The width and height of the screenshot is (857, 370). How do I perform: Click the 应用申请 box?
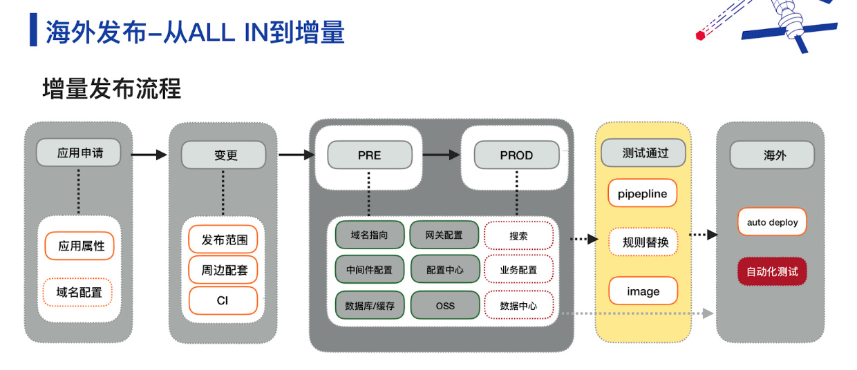click(79, 153)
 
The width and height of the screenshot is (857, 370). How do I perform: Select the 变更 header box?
click(224, 155)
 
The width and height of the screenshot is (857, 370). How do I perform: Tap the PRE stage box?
click(370, 155)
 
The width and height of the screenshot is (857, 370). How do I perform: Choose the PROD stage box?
click(516, 155)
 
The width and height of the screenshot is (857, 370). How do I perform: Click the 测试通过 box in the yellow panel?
click(643, 153)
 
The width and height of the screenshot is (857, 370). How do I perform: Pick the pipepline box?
click(642, 193)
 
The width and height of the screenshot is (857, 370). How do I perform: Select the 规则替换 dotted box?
click(643, 242)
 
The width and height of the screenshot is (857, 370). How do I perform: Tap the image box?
click(643, 291)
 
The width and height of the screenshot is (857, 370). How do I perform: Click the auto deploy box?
click(772, 222)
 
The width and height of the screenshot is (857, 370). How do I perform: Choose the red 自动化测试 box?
click(772, 271)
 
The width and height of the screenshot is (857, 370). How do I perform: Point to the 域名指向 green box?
click(370, 235)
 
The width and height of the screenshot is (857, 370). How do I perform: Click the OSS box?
click(445, 305)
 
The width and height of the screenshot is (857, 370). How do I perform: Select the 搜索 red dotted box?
click(519, 235)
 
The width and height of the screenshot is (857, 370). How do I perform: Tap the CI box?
click(223, 300)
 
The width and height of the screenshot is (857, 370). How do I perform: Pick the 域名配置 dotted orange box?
click(77, 293)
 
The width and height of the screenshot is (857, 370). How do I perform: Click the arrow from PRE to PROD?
click(442, 155)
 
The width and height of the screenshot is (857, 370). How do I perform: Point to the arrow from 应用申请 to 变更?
click(149, 155)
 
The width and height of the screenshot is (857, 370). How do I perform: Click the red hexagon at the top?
click(700, 35)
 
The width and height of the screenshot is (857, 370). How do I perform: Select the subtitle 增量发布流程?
click(112, 88)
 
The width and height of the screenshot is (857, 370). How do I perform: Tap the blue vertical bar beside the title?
click(33, 30)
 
